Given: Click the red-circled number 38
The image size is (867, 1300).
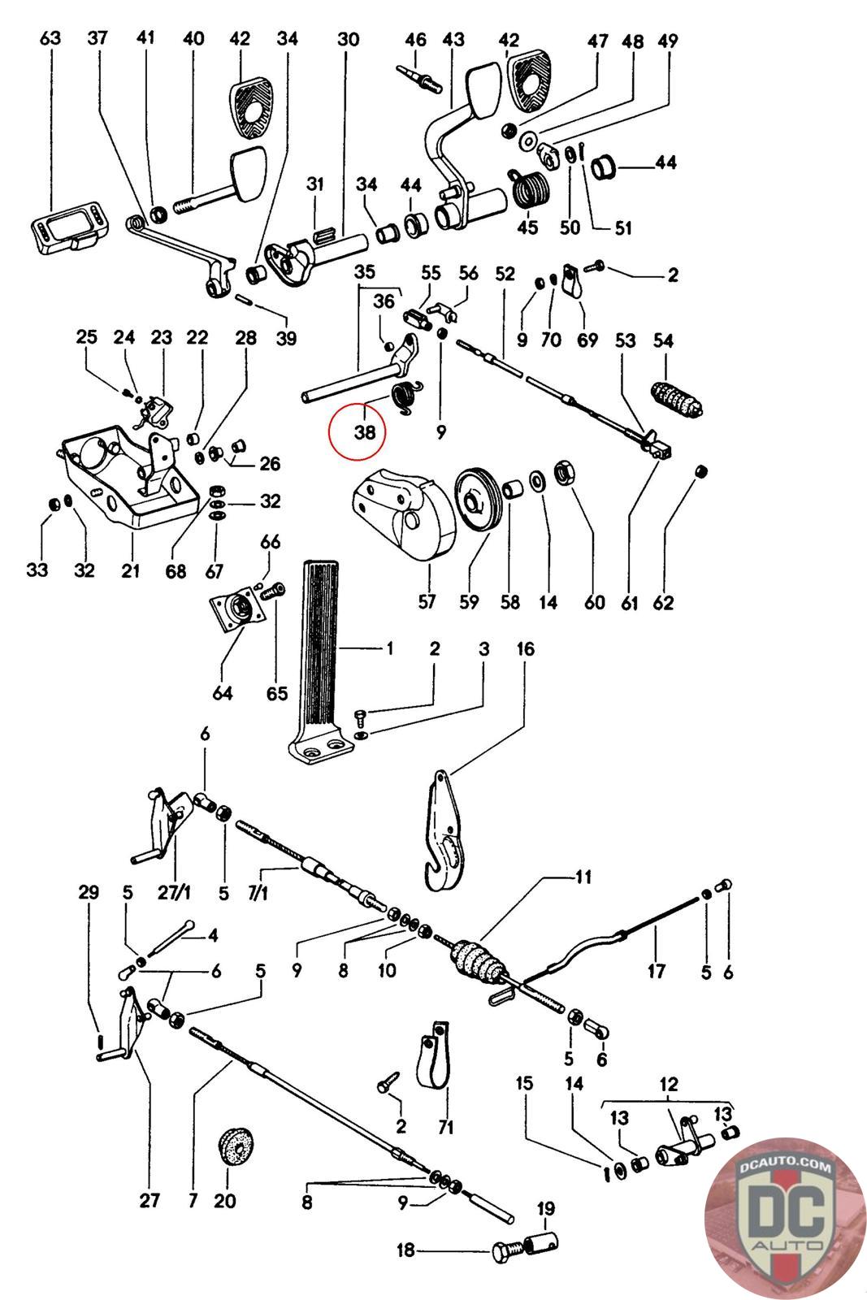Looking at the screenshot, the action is pyautogui.click(x=365, y=431).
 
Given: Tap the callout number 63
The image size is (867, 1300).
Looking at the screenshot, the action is pyautogui.click(x=50, y=38).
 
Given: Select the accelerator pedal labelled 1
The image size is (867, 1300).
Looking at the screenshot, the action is pyautogui.click(x=319, y=662).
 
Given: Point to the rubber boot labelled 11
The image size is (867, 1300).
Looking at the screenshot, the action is pyautogui.click(x=479, y=962).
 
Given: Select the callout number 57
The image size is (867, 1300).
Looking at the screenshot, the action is pyautogui.click(x=427, y=601).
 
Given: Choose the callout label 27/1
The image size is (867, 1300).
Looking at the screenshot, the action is pyautogui.click(x=174, y=893).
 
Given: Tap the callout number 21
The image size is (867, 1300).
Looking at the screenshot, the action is pyautogui.click(x=131, y=570).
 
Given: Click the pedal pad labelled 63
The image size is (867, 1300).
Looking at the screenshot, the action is pyautogui.click(x=70, y=226).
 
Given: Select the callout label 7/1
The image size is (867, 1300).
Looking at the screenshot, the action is pyautogui.click(x=258, y=893).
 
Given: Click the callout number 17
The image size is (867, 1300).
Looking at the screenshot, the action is pyautogui.click(x=657, y=970).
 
